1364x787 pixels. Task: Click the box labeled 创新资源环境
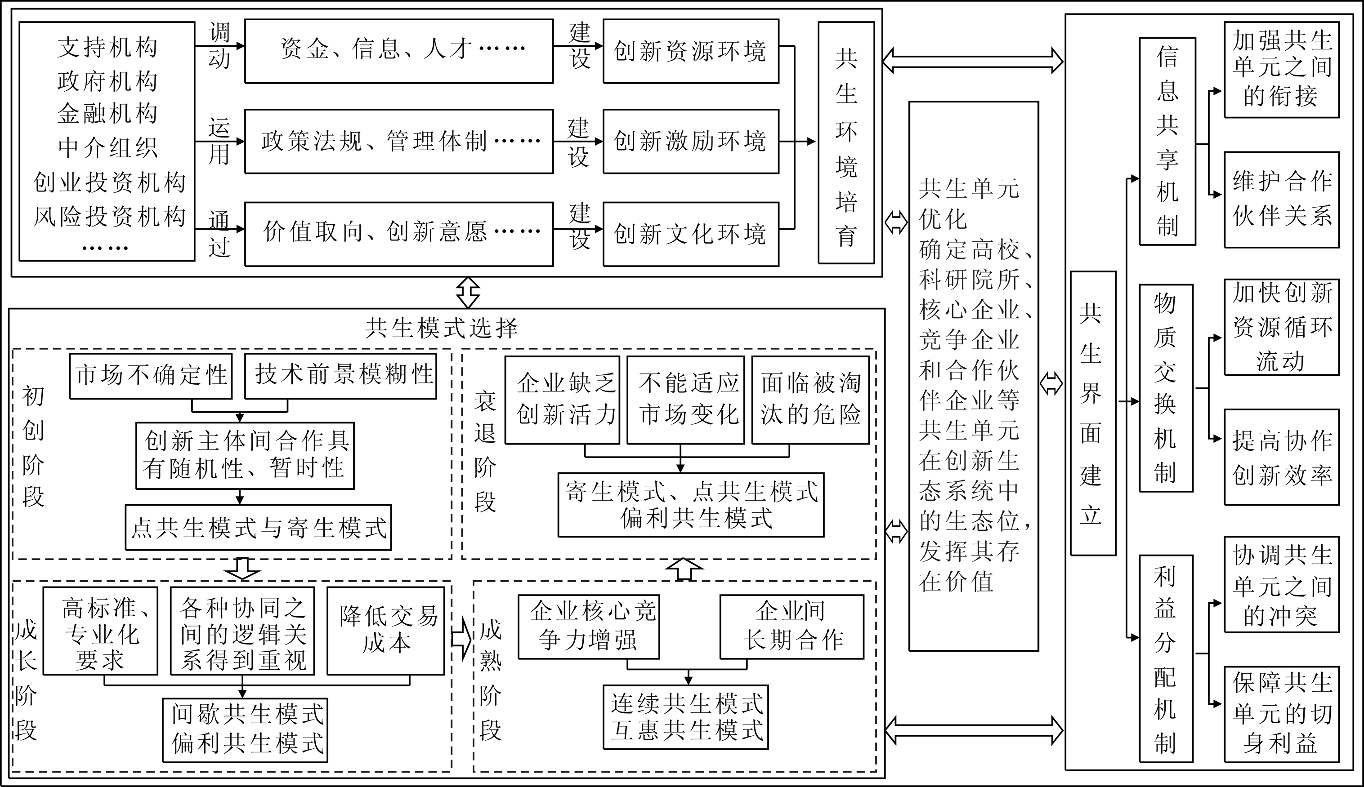[691, 51]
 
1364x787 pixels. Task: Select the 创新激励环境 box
[691, 141]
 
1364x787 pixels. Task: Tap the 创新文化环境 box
[691, 234]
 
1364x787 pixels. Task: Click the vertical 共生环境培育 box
[846, 142]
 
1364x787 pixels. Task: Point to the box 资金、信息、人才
[398, 51]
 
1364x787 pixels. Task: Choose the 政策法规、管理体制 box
[398, 141]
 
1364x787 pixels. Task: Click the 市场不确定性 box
[151, 376]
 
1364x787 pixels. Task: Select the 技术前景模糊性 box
[340, 376]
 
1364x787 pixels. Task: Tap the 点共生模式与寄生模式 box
[258, 528]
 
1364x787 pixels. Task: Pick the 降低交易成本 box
[385, 630]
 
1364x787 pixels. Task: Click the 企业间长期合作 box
[791, 627]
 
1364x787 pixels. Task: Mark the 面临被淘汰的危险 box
[810, 400]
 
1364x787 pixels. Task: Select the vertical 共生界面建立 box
[1093, 414]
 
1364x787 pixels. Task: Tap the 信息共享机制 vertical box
[1167, 142]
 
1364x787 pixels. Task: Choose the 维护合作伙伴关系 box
[1281, 200]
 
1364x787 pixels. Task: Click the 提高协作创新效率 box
[1281, 457]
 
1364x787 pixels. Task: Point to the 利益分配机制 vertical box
[1166, 658]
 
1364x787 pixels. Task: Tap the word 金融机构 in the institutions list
[107, 114]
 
